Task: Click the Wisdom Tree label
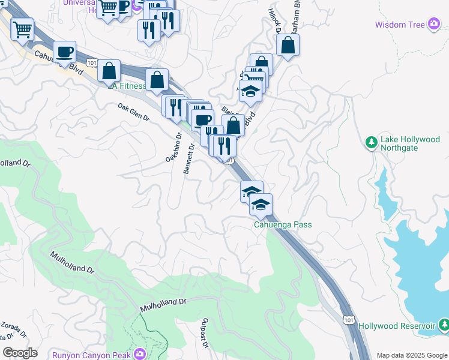coord(399,25)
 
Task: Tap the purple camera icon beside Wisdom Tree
coord(434,25)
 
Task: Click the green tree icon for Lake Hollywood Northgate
coord(371,143)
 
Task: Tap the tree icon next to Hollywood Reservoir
coord(443,325)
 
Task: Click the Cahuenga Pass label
coord(283,225)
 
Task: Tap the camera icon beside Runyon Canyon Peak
coord(140,354)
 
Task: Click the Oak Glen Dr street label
coord(133,112)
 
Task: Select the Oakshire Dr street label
coord(173,147)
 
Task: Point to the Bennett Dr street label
coord(188,158)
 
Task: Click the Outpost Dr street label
coord(205,333)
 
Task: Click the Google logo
coord(20,353)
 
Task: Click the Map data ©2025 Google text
coord(412,355)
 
